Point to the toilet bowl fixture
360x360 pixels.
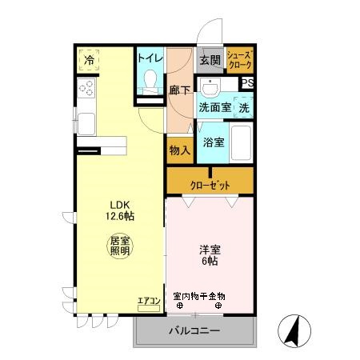(x=149, y=80)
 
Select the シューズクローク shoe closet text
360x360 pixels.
(x=239, y=58)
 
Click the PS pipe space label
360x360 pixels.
(x=247, y=83)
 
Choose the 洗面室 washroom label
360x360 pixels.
(x=214, y=106)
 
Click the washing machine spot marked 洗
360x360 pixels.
(x=243, y=106)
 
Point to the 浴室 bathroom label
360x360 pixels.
(x=213, y=142)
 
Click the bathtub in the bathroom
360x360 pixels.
(x=242, y=142)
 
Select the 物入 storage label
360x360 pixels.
(x=179, y=149)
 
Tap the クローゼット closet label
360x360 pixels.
(x=210, y=185)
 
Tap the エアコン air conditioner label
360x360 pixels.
(x=149, y=301)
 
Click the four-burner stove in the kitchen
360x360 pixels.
(x=86, y=88)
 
